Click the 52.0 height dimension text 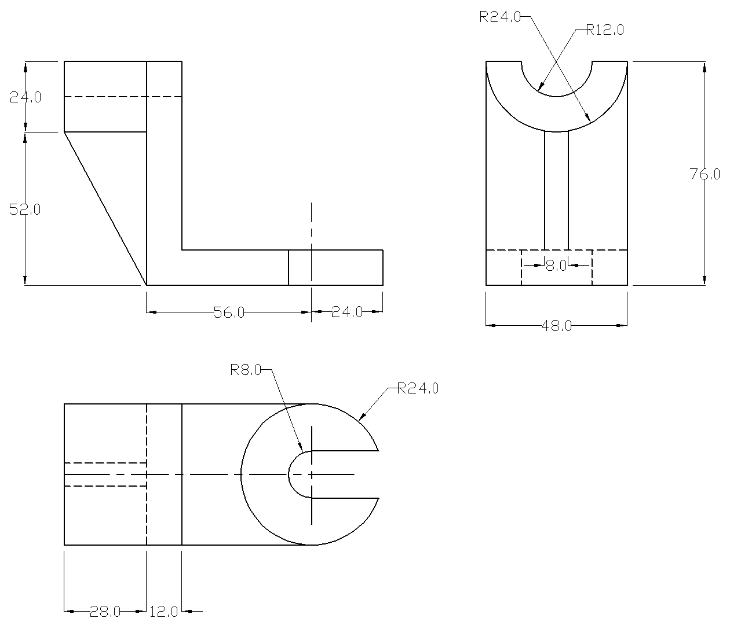[x=25, y=209]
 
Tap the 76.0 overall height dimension [x=705, y=174]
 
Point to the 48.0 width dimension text [x=556, y=326]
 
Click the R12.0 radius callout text [x=605, y=30]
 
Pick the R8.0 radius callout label [x=246, y=370]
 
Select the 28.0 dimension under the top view [x=105, y=612]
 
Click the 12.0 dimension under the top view [x=163, y=612]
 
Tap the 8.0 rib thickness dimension [x=556, y=266]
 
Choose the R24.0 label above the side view [x=500, y=17]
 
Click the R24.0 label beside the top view [x=418, y=388]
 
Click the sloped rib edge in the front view [x=105, y=208]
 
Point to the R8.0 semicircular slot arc [x=290, y=474]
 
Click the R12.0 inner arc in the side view [x=556, y=97]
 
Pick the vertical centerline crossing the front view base [x=312, y=231]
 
